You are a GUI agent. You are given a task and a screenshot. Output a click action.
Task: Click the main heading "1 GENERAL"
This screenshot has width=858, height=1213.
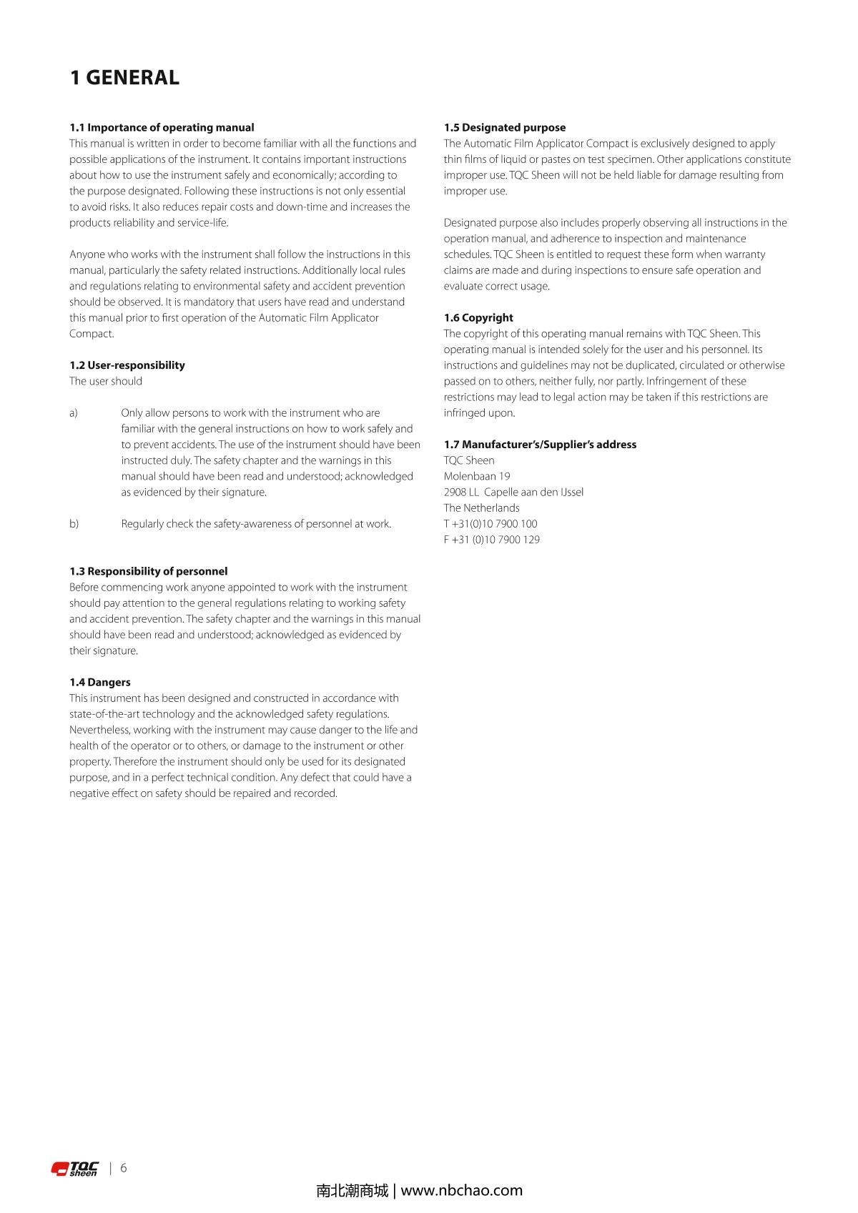pos(124,78)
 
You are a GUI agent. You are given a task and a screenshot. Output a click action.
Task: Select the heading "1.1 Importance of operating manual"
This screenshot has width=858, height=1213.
pos(162,128)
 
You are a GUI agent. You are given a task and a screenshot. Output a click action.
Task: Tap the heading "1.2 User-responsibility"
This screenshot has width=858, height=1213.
pos(127,365)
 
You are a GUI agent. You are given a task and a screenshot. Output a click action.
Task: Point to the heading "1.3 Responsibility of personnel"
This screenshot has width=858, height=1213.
pos(149,571)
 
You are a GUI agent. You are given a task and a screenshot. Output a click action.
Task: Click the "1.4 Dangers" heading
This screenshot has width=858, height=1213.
pos(100,682)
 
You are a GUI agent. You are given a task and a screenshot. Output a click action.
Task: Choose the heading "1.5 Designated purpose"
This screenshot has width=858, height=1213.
pos(505,128)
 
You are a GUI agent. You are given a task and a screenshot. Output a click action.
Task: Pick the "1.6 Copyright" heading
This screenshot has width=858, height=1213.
pos(478,317)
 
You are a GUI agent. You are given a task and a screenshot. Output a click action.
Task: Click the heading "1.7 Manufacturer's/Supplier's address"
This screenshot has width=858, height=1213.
pos(540,445)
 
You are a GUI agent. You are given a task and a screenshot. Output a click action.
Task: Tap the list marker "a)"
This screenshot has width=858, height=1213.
pos(74,413)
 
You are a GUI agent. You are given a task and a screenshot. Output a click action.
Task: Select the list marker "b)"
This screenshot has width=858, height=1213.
pos(74,524)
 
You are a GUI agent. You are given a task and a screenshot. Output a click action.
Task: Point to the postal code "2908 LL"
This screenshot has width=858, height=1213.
pos(461,492)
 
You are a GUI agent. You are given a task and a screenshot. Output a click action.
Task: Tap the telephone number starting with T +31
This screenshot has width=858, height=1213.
pos(490,524)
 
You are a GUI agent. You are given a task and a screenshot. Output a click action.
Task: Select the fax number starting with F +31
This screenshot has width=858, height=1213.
pos(492,540)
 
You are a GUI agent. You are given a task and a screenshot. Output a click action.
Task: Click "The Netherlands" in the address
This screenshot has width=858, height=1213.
pos(482,508)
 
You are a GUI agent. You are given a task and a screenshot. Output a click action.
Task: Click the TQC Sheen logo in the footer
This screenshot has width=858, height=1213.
pos(75,1169)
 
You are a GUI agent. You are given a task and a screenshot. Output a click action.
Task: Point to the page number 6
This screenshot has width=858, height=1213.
pos(124,1168)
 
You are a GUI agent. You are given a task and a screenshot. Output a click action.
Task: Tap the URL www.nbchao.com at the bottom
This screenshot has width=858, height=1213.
pos(462,1191)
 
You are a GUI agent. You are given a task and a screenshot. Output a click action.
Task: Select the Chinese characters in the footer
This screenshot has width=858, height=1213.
pos(352,1191)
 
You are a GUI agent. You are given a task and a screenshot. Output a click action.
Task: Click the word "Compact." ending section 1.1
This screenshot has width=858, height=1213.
pos(92,334)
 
